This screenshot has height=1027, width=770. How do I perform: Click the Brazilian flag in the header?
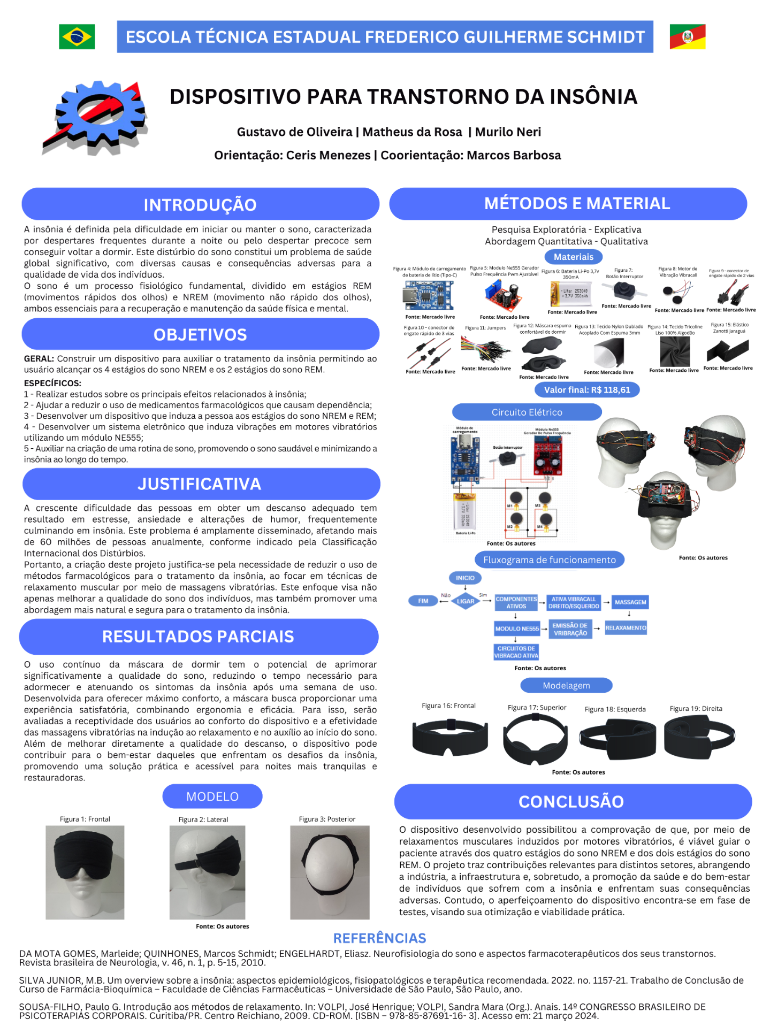tap(77, 37)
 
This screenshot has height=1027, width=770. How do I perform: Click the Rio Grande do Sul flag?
tap(688, 37)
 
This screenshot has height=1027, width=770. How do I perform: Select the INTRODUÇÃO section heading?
tap(200, 204)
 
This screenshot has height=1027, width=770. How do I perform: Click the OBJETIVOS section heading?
tap(200, 335)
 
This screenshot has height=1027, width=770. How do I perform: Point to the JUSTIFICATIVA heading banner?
tap(200, 484)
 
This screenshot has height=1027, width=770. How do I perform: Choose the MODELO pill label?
tap(212, 796)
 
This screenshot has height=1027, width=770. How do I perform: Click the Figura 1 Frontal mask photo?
tap(85, 872)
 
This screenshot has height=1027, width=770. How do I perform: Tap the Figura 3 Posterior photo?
tap(330, 872)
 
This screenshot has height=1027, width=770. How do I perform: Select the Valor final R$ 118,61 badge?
tap(587, 390)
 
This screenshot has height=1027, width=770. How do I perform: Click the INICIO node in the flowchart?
tap(465, 578)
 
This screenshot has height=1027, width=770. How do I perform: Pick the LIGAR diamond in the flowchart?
tap(465, 601)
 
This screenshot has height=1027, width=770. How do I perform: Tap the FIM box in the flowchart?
tap(423, 601)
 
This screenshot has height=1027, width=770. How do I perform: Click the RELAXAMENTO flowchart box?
tap(626, 628)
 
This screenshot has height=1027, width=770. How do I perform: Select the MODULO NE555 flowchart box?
tap(517, 629)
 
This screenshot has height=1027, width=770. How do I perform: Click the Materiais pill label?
tap(573, 257)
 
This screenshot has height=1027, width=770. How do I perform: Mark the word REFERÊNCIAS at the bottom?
tap(379, 938)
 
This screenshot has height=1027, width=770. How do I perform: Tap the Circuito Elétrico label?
tap(527, 412)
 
